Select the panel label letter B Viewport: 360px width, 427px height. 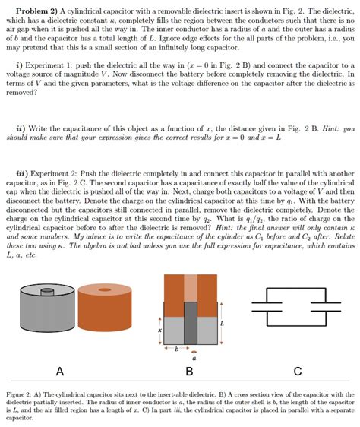pos(189,371)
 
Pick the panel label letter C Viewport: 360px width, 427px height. pos(297,371)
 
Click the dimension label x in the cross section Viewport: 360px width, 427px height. pos(159,330)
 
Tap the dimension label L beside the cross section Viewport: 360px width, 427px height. pos(222,323)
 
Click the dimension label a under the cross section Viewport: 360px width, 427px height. pos(193,359)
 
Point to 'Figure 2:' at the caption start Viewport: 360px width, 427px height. pos(21,395)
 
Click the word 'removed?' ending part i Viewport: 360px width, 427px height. pos(21,92)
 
